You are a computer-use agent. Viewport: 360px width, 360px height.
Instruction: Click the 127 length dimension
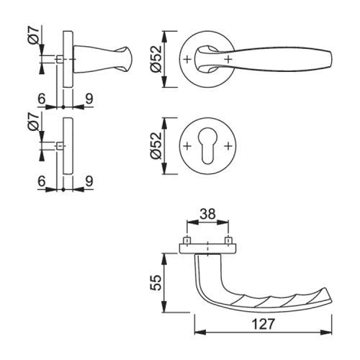263,325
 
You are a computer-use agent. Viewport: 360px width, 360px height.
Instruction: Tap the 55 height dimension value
156,283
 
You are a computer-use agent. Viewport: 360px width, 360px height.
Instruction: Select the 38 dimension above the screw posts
207,214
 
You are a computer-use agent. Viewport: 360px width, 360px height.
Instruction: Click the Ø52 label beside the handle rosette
156,58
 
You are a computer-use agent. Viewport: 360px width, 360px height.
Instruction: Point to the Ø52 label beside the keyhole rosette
156,145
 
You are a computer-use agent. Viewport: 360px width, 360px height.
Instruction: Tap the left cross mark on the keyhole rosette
187,145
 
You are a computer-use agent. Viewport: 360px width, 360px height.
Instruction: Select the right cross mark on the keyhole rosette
228,145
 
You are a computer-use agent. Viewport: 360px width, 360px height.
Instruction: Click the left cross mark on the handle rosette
187,59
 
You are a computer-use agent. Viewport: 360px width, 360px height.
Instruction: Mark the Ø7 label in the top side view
34,35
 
